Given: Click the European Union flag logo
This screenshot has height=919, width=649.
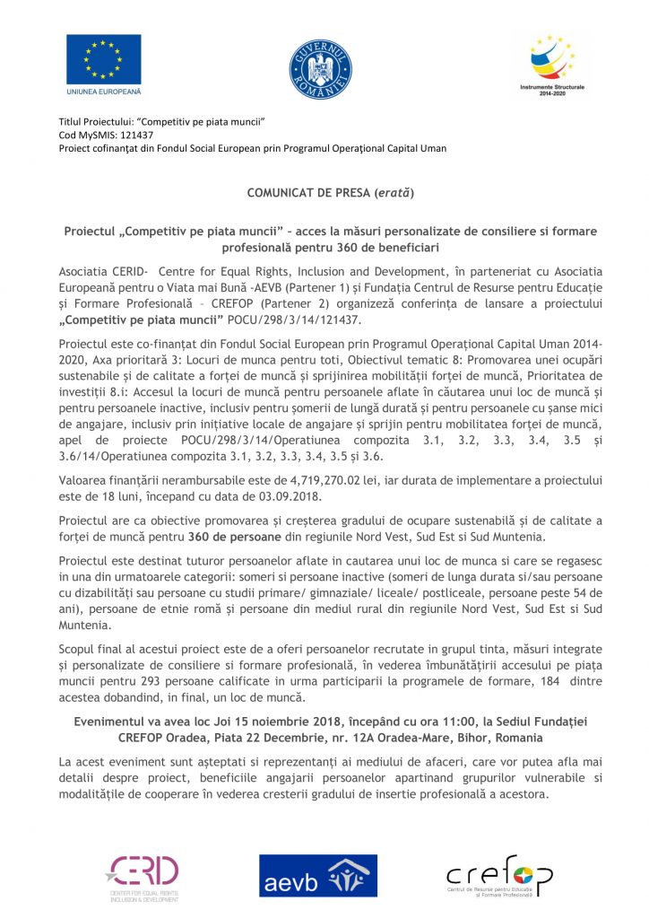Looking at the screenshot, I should [x=103, y=59].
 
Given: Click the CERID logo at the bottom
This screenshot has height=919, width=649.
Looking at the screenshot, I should [x=143, y=875].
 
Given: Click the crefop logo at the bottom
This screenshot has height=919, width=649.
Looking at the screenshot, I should [x=498, y=876].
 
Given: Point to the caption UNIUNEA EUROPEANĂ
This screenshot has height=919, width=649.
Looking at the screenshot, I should [x=104, y=92].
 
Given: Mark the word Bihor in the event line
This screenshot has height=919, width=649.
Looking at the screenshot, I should [x=468, y=738].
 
